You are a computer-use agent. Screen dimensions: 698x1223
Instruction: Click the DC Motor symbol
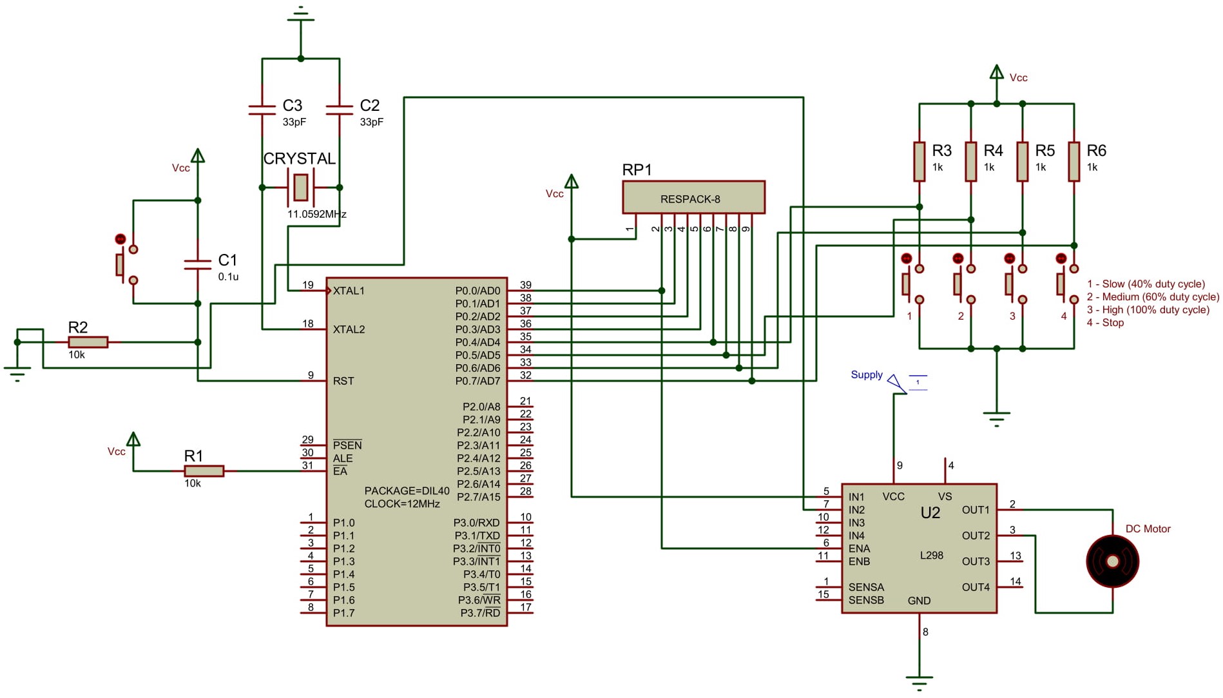point(1112,561)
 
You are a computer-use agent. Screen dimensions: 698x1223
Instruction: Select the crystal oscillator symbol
point(301,187)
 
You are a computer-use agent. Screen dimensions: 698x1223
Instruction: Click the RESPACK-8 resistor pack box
point(693,198)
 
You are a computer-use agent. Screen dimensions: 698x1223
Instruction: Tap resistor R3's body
point(920,161)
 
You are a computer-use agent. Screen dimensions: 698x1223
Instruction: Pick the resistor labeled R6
point(1074,161)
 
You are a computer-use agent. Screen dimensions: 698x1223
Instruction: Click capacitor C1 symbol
point(198,264)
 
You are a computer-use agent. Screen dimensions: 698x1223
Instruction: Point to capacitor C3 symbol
point(262,110)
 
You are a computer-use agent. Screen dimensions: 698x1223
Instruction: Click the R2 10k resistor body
point(88,342)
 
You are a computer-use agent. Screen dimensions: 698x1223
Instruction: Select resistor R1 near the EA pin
point(204,471)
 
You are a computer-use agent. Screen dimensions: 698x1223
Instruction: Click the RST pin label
point(343,381)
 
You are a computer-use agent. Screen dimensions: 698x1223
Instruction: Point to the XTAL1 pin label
point(349,291)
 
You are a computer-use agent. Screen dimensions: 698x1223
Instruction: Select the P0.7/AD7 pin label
point(477,381)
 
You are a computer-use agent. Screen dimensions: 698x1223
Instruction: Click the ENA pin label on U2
point(859,548)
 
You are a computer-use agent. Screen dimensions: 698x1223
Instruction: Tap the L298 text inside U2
point(931,555)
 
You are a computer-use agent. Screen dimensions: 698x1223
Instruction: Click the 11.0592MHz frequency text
point(316,214)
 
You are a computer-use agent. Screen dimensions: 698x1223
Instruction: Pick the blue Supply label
point(866,374)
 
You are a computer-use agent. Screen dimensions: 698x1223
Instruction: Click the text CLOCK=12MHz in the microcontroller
point(402,504)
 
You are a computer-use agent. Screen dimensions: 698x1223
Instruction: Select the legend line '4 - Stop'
point(1105,322)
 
